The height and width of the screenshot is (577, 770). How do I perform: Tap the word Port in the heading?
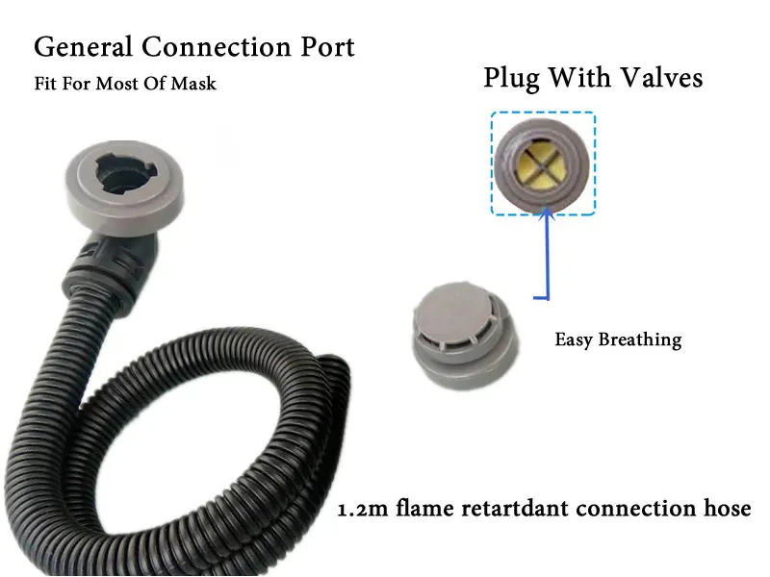click(325, 46)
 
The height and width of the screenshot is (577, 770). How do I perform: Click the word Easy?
click(574, 339)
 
